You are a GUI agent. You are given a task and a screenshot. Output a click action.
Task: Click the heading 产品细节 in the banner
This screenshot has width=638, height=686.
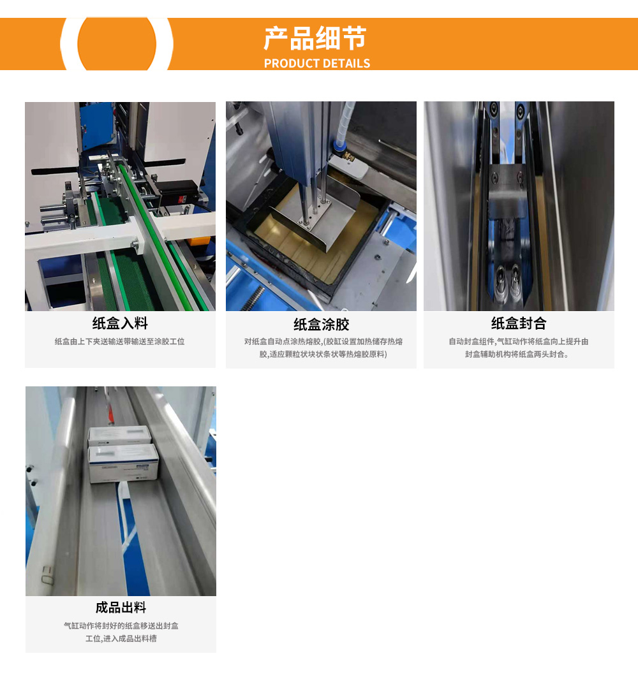(x=315, y=38)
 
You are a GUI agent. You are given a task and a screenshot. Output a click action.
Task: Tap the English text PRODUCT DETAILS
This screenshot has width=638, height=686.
(x=317, y=64)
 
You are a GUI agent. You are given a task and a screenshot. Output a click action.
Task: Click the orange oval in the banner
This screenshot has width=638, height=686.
(x=117, y=44)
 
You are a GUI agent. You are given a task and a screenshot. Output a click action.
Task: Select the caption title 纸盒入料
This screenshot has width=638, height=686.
(x=120, y=323)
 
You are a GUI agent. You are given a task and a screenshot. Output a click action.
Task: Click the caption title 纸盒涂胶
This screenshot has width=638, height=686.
(x=322, y=324)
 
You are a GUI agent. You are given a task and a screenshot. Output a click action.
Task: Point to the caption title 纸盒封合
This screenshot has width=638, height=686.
(x=519, y=323)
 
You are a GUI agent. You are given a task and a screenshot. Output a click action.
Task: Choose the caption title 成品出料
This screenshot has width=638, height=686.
(x=121, y=607)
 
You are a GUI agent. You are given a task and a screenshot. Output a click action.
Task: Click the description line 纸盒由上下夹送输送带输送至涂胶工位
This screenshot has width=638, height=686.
(x=119, y=341)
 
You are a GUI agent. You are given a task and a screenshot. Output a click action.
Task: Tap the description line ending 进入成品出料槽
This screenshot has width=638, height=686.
(x=121, y=638)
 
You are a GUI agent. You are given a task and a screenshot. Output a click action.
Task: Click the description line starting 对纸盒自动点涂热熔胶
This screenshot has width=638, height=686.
(x=323, y=341)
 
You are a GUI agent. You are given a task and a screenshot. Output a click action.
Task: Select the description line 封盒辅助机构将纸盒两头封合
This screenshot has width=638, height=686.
(x=517, y=354)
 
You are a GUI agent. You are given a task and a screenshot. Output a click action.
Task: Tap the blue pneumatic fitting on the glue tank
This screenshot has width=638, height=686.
(x=340, y=145)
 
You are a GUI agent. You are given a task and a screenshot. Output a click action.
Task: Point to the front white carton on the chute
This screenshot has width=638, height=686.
(x=124, y=463)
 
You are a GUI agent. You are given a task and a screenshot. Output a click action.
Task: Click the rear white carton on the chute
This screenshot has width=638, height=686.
(x=119, y=436)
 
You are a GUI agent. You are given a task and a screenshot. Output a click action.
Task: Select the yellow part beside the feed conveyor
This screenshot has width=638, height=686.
(x=198, y=242)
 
